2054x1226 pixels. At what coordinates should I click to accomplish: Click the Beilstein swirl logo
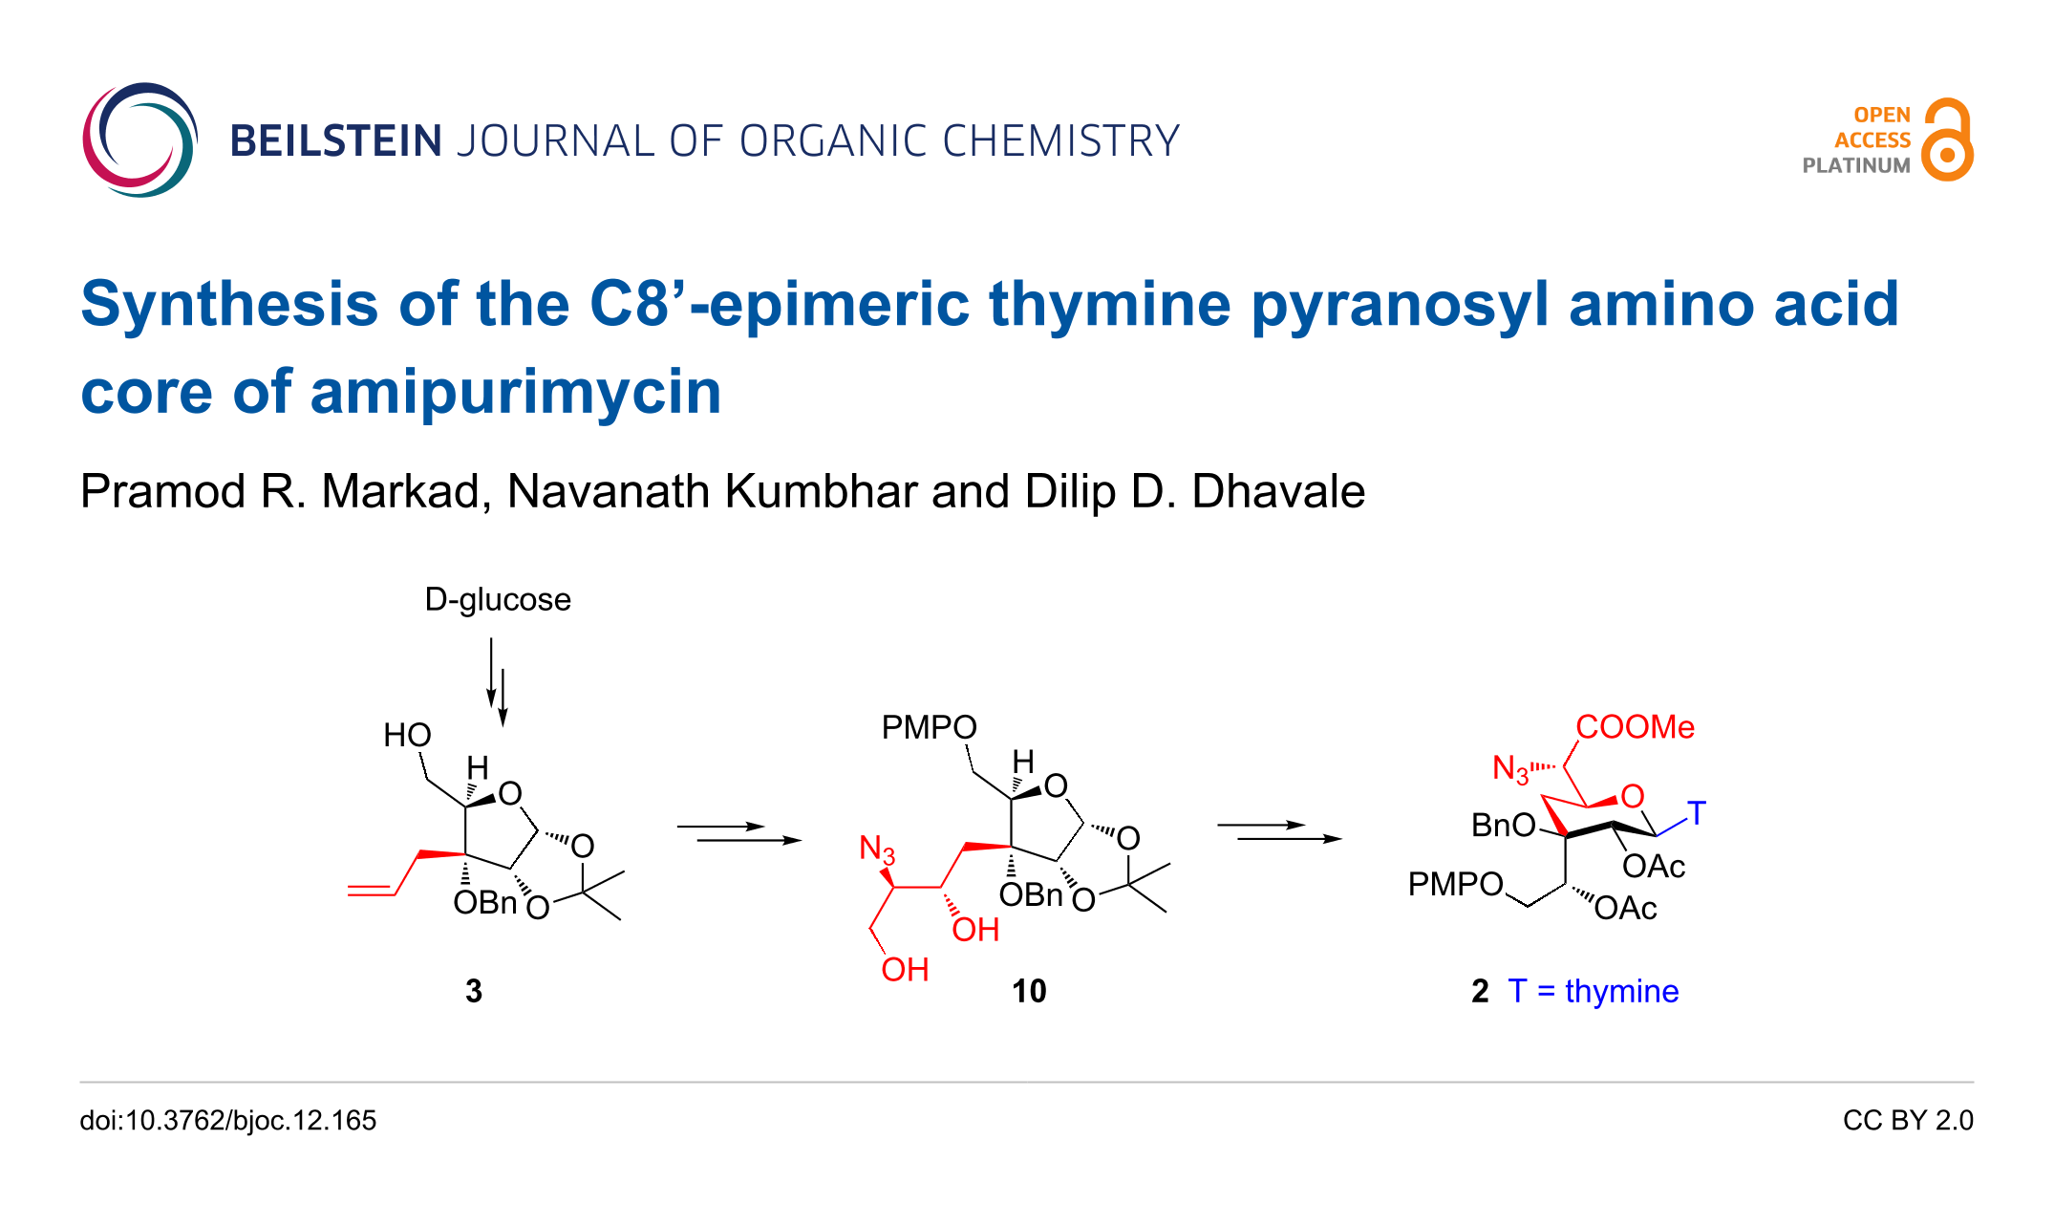pos(139,140)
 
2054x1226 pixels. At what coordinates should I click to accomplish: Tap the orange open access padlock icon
pos(1948,140)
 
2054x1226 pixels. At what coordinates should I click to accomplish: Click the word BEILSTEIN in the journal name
pos(335,141)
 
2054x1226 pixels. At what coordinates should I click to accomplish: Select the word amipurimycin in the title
pos(515,392)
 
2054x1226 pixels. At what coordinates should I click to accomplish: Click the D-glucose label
pos(498,599)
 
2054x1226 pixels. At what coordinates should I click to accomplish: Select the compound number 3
pos(474,991)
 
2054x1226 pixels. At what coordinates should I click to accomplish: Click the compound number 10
pos(1029,991)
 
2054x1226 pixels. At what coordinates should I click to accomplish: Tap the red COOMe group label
pos(1635,727)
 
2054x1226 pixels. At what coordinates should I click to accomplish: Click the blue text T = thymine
pos(1593,991)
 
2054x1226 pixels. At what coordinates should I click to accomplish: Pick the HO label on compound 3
pos(407,735)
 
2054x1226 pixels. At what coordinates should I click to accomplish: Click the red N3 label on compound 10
pos(877,849)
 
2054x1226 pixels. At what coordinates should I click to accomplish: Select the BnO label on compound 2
pos(1503,825)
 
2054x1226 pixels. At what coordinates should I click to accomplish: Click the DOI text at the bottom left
pos(228,1120)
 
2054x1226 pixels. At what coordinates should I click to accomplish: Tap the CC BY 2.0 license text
pos(1908,1120)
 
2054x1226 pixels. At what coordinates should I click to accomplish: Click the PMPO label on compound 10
pos(929,727)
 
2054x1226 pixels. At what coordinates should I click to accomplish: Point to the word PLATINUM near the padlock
pos(1855,165)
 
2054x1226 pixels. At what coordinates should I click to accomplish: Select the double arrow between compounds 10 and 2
pos(1279,831)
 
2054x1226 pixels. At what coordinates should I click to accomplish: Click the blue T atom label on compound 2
pos(1696,813)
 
